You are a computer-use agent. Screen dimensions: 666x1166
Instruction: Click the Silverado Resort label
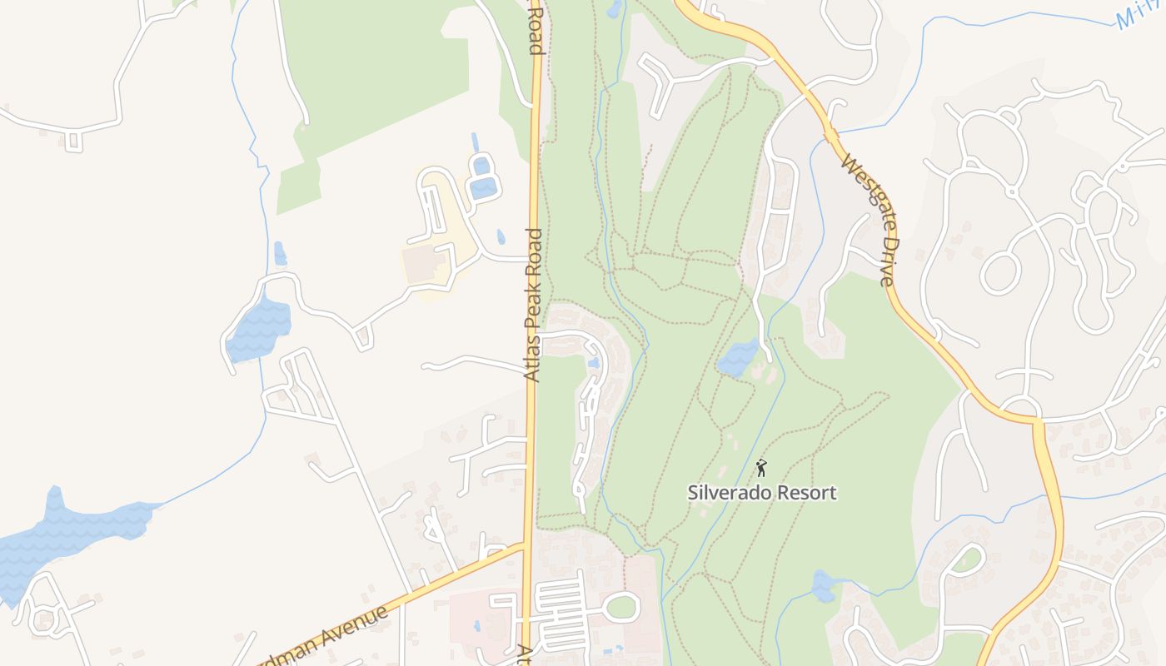click(761, 492)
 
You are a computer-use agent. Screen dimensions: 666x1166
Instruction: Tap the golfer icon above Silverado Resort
click(760, 468)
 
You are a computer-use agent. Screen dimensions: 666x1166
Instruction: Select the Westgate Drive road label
click(867, 220)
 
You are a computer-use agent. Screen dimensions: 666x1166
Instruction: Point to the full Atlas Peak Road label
click(534, 305)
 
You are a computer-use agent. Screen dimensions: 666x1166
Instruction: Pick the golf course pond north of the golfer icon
click(738, 358)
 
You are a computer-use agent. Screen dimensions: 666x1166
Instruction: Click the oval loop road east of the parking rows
click(621, 607)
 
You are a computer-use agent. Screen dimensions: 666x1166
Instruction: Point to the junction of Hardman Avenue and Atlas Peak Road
click(526, 546)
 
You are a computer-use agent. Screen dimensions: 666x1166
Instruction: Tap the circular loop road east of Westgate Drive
click(1000, 272)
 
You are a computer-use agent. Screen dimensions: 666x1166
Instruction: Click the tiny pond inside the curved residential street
click(593, 363)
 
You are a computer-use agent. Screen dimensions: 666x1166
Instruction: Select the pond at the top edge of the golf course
click(615, 8)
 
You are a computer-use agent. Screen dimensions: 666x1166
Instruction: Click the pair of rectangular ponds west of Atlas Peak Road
click(482, 176)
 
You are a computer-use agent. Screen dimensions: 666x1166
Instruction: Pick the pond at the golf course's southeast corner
click(822, 586)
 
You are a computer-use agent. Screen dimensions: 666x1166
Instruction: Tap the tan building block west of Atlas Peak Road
click(426, 266)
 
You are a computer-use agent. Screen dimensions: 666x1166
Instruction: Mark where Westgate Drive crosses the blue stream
click(829, 134)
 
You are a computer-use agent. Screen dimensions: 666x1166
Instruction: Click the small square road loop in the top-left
click(74, 141)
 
